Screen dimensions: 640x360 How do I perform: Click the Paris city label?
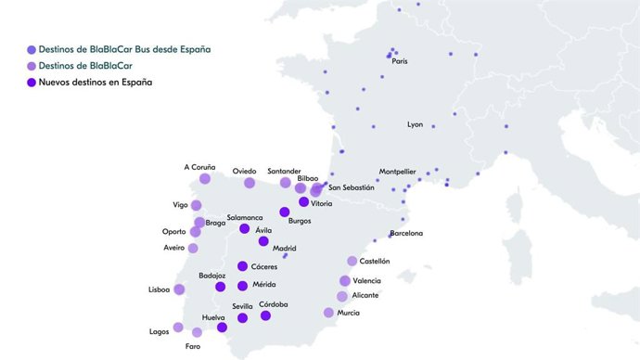click(399, 62)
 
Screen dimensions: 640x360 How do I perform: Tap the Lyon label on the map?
click(415, 124)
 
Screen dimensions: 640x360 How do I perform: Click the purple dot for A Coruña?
click(205, 179)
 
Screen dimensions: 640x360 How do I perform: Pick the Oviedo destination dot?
click(250, 183)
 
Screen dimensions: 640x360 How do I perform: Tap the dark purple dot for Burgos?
click(285, 212)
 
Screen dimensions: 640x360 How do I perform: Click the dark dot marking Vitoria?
click(303, 201)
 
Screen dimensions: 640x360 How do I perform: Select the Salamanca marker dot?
click(245, 228)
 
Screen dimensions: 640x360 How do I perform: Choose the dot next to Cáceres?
click(242, 266)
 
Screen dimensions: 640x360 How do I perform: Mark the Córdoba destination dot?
click(265, 315)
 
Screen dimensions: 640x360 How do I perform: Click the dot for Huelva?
click(222, 327)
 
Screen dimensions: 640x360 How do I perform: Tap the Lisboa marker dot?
click(179, 289)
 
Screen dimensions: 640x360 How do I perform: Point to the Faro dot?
click(197, 332)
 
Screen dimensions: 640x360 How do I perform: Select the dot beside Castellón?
click(352, 262)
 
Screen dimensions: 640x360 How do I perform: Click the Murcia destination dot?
click(328, 313)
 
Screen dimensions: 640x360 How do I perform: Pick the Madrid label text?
click(285, 248)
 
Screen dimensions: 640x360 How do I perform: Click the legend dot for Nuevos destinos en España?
click(32, 83)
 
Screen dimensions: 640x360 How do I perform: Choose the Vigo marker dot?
click(196, 205)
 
